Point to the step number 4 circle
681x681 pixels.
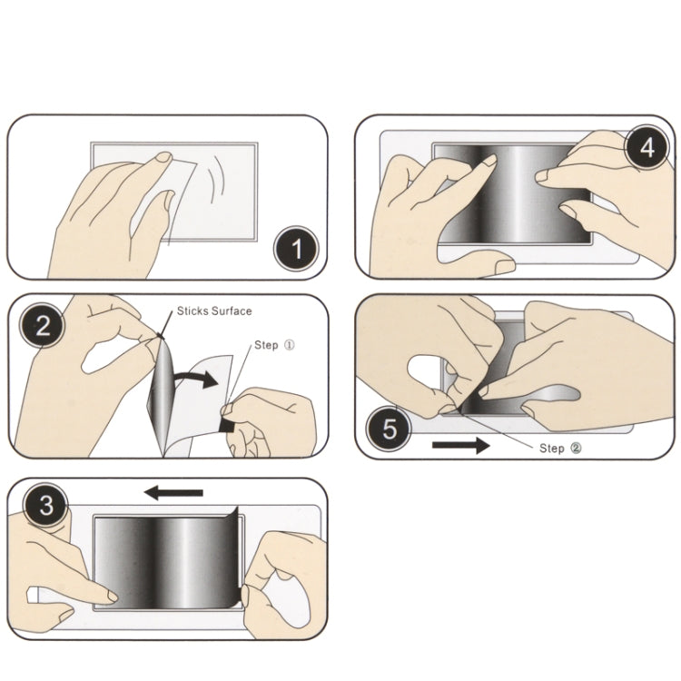[x=646, y=148]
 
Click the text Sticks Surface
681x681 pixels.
[x=215, y=311]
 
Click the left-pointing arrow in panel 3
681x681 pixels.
[x=173, y=493]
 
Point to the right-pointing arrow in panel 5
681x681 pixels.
[x=460, y=445]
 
